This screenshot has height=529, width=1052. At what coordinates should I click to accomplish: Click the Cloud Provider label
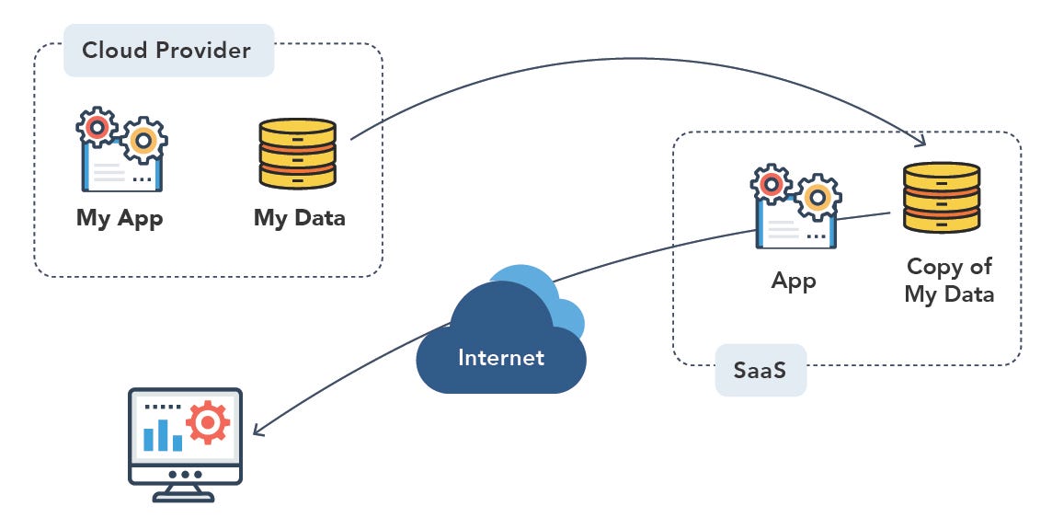[x=166, y=50]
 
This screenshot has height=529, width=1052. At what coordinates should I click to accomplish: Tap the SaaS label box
[x=760, y=371]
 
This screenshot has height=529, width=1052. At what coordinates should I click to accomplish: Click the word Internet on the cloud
[x=501, y=357]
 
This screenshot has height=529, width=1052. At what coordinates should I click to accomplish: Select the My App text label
[x=120, y=219]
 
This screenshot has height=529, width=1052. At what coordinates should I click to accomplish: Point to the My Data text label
[x=300, y=219]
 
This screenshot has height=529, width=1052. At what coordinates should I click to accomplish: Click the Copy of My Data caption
[x=948, y=281]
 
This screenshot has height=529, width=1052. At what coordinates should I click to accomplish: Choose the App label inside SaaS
[x=794, y=280]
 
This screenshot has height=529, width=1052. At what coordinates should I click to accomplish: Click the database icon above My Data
[x=297, y=153]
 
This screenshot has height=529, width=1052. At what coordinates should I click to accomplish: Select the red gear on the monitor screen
[x=208, y=423]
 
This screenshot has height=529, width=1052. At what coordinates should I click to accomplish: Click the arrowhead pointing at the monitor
[x=259, y=431]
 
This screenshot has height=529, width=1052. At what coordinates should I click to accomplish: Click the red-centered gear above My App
[x=96, y=126]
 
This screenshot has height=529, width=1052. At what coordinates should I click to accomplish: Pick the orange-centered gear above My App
[x=143, y=141]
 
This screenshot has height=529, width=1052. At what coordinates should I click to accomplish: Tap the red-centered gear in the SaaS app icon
[x=772, y=184]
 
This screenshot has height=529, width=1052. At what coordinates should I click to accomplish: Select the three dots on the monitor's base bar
[x=185, y=475]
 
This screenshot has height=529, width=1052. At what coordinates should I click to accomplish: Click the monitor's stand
[x=185, y=494]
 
